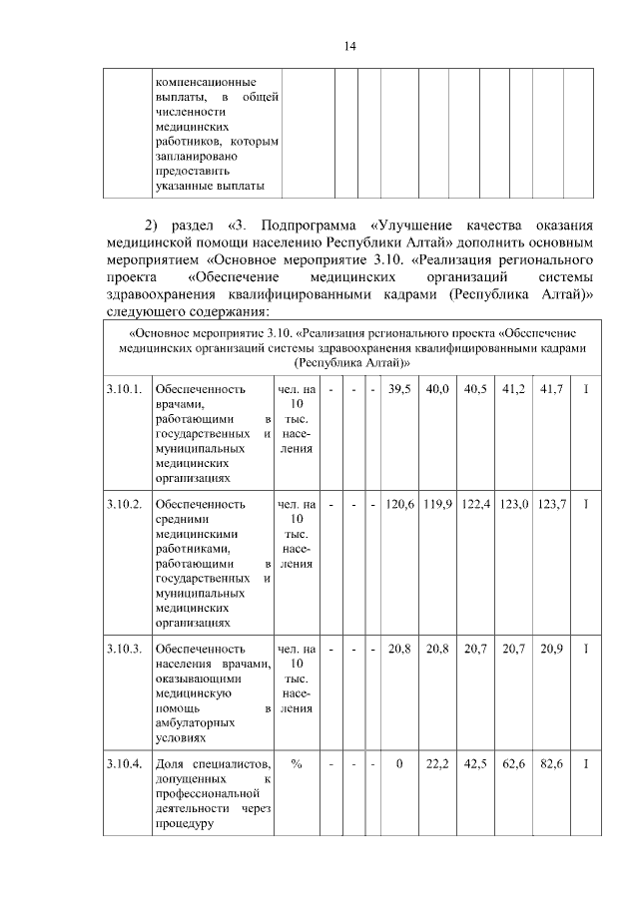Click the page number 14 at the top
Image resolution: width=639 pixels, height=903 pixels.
pyautogui.click(x=349, y=46)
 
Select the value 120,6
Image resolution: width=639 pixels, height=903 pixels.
pyautogui.click(x=399, y=505)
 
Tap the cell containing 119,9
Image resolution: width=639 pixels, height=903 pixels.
pyautogui.click(x=437, y=505)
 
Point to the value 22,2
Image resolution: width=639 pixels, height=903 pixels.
pyautogui.click(x=437, y=764)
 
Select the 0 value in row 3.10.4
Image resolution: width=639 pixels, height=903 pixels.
pyautogui.click(x=399, y=764)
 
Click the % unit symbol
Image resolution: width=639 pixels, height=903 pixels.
pyautogui.click(x=297, y=764)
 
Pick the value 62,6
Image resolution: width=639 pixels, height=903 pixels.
pyautogui.click(x=513, y=764)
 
